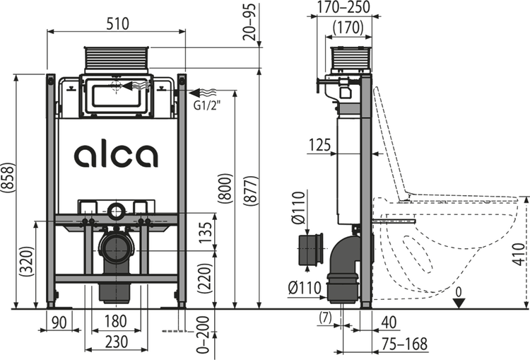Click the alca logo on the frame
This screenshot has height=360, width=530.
116,156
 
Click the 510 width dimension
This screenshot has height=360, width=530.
117,23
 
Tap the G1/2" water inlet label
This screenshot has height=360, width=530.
207,105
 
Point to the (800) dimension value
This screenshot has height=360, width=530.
225,188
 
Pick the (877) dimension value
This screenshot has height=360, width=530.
250,190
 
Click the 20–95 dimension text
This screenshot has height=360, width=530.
250,22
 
